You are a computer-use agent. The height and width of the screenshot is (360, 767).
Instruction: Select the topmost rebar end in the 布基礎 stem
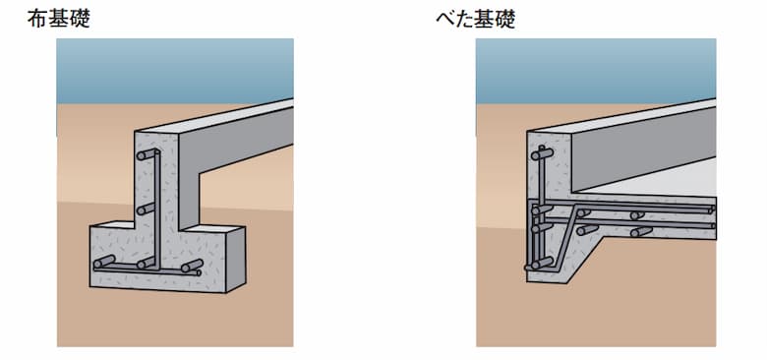pyautogui.click(x=147, y=155)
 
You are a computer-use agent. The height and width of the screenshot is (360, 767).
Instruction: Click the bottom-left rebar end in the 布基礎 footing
pyautogui.click(x=102, y=263)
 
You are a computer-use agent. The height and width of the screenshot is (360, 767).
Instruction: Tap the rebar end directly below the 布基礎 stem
pyautogui.click(x=147, y=263)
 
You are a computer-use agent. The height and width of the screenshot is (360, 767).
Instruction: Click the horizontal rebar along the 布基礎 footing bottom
pyautogui.click(x=147, y=270)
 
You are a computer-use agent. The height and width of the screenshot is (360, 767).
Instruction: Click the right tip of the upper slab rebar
pyautogui.click(x=710, y=210)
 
